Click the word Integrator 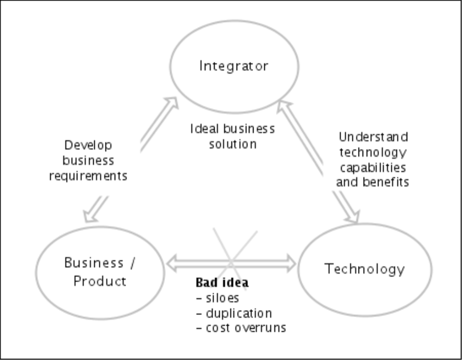pyautogui.click(x=234, y=66)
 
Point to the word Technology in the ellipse pyautogui.click(x=365, y=269)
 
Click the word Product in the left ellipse pyautogui.click(x=100, y=281)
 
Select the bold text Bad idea pyautogui.click(x=222, y=283)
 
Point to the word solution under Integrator pyautogui.click(x=233, y=144)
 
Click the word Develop pyautogui.click(x=88, y=145)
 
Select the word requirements pyautogui.click(x=88, y=176)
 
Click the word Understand pyautogui.click(x=373, y=137)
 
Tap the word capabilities pyautogui.click(x=373, y=167)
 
